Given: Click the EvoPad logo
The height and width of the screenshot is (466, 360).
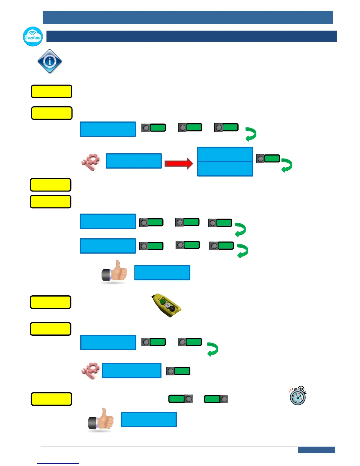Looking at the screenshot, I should (x=33, y=36).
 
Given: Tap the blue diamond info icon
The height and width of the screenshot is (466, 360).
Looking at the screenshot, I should (x=50, y=61).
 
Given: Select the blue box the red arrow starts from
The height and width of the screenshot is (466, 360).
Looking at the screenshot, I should (x=134, y=161).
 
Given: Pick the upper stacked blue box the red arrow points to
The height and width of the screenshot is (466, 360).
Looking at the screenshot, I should (x=225, y=154).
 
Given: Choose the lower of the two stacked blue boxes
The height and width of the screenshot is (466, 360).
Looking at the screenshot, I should (x=225, y=169).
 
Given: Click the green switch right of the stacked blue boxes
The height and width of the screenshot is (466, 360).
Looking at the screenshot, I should (x=268, y=159).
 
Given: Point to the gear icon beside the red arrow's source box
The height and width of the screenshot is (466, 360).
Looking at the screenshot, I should (x=91, y=162).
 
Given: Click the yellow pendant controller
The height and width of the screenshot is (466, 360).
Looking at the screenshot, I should (x=166, y=305).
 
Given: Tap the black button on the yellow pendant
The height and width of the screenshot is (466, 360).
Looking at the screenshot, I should (x=172, y=309).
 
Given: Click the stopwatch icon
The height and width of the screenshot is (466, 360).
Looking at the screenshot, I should (x=298, y=396).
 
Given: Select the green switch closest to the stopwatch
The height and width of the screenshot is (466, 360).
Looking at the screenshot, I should (x=216, y=399).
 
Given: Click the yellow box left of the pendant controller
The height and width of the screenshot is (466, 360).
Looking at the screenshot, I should (x=51, y=302).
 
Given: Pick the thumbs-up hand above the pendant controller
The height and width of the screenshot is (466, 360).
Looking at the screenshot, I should (x=114, y=271).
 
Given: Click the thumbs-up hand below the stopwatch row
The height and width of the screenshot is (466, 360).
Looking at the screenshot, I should (x=101, y=419).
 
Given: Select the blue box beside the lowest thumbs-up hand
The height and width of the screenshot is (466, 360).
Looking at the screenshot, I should (x=149, y=419).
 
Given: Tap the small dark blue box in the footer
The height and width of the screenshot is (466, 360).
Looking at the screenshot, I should (x=316, y=450).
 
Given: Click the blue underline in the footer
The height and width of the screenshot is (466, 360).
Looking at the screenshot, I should (x=58, y=463).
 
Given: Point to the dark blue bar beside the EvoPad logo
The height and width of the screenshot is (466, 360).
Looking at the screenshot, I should (x=191, y=36).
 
